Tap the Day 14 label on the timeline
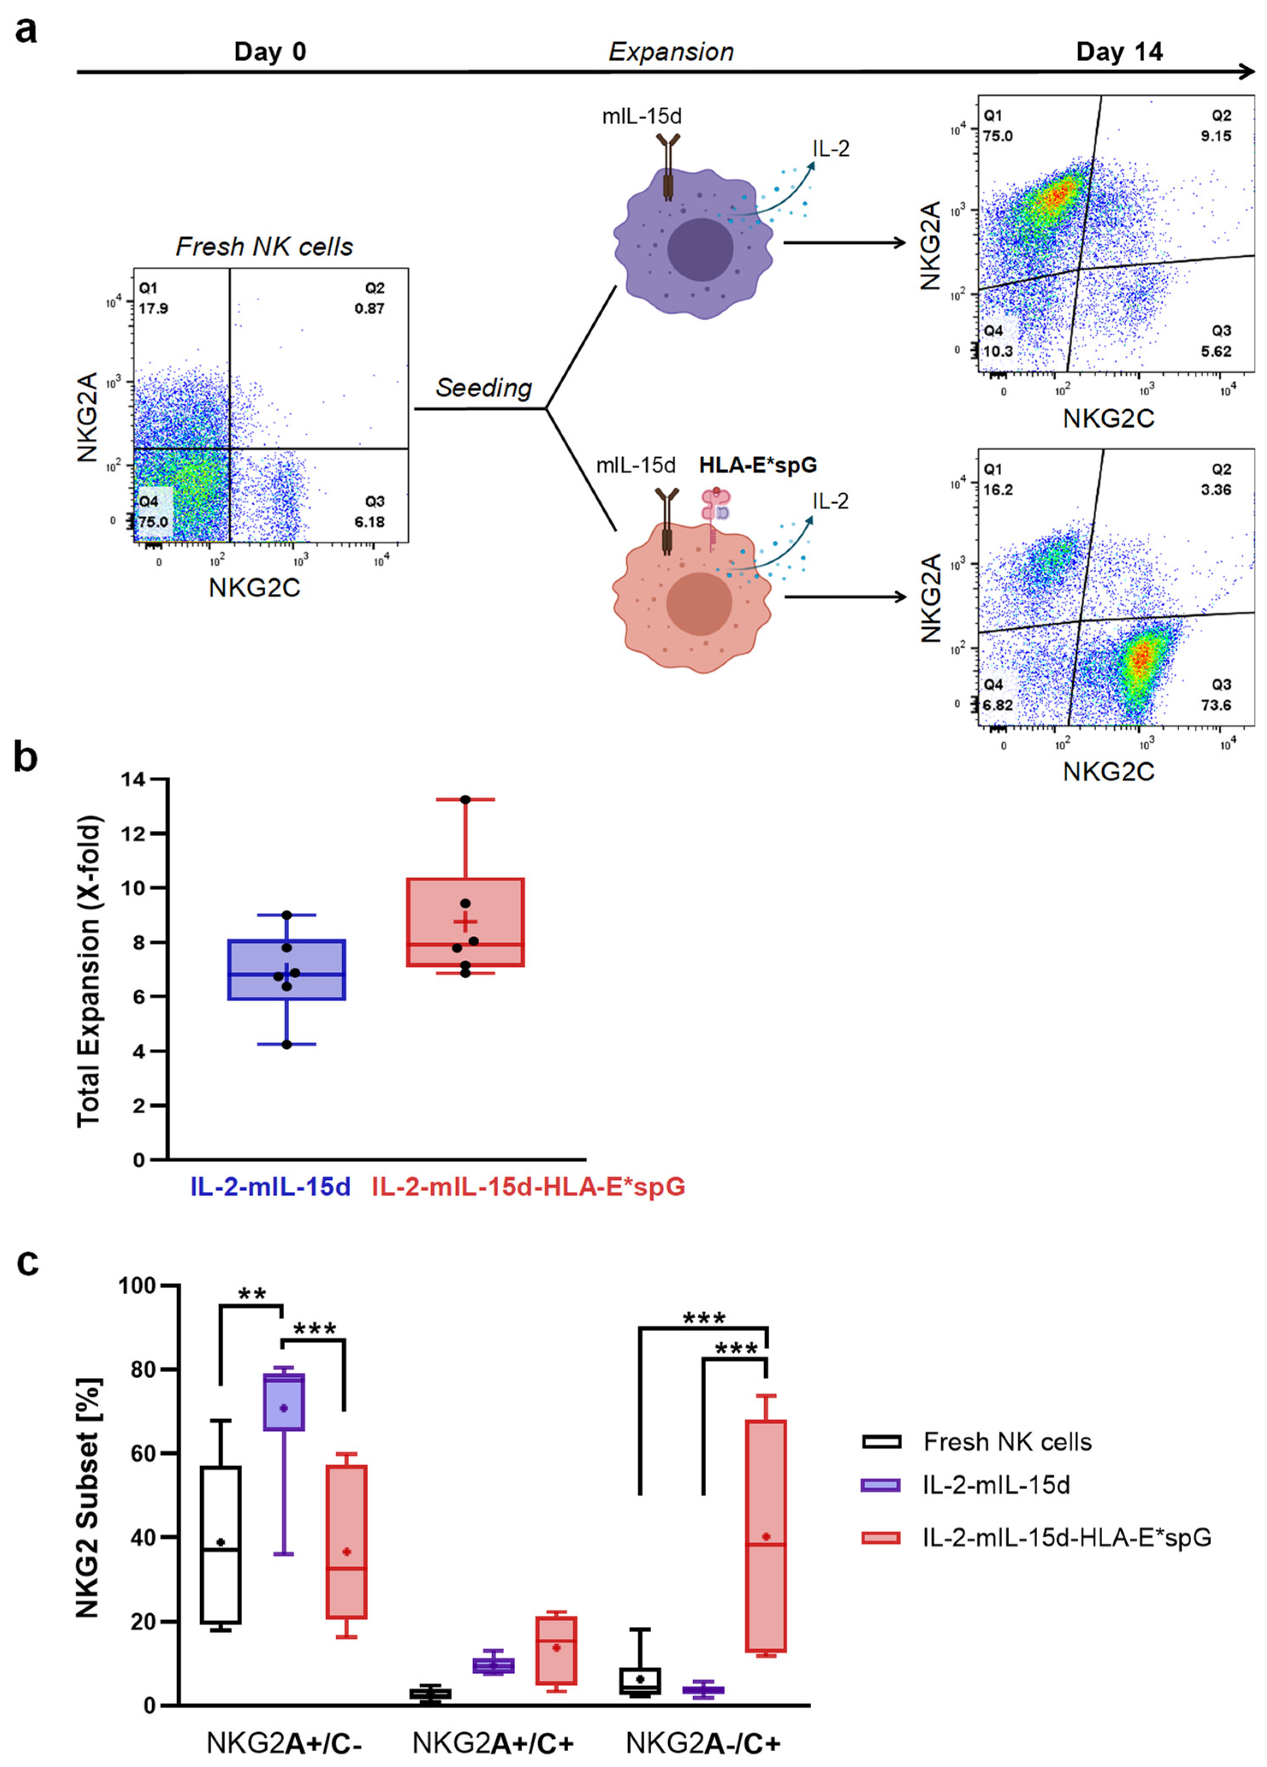click(1119, 52)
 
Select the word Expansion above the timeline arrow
click(671, 52)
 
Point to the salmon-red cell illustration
click(692, 600)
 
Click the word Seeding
click(483, 387)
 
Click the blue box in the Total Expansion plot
click(287, 970)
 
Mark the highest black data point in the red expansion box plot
click(465, 799)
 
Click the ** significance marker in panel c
click(252, 1295)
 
